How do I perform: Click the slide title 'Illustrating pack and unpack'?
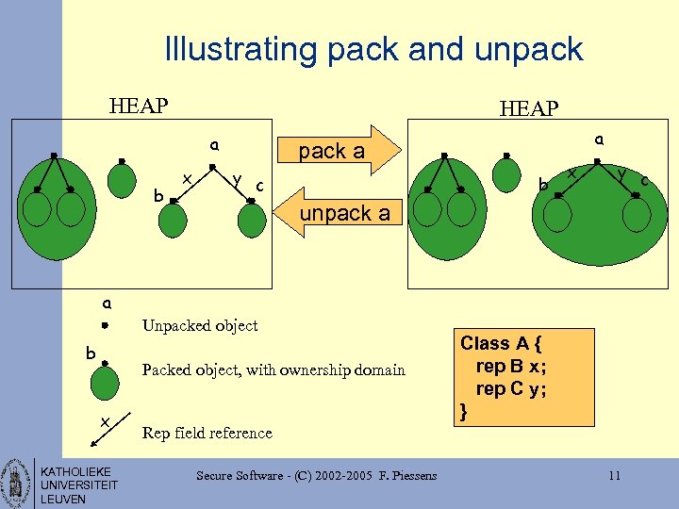[373, 49]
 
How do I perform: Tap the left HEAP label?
[139, 105]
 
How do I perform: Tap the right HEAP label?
[529, 109]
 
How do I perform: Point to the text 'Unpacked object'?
[199, 325]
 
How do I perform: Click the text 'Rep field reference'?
[207, 433]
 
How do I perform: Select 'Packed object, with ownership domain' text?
[273, 369]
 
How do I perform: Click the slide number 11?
[614, 475]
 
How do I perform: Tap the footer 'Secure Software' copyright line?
[316, 475]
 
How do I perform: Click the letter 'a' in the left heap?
[215, 146]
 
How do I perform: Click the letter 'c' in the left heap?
[258, 184]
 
